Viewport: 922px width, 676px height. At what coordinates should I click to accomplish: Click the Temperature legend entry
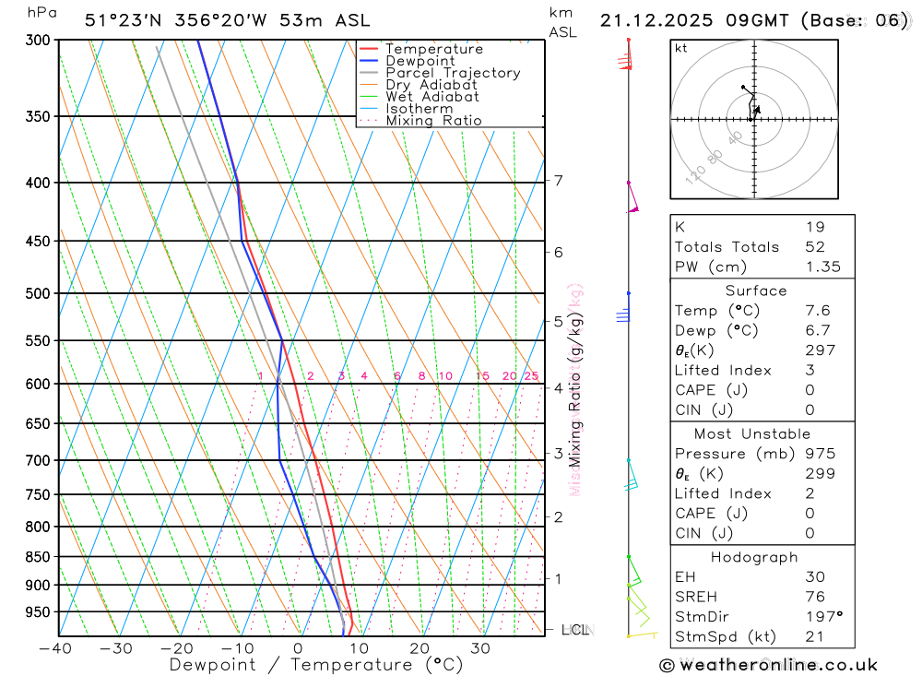[x=433, y=49]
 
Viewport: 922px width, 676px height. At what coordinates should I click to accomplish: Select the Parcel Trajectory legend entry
[x=453, y=73]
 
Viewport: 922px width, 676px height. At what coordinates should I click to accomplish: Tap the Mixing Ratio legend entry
[x=433, y=121]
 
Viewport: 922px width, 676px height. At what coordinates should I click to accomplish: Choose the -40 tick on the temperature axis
[x=56, y=648]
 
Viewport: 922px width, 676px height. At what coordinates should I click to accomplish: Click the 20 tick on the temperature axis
[x=420, y=648]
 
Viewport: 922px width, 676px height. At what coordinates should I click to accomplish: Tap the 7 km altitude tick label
[x=559, y=180]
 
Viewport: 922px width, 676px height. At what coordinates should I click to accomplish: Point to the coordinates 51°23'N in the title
[x=122, y=20]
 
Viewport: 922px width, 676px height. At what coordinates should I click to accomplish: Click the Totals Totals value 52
[x=815, y=247]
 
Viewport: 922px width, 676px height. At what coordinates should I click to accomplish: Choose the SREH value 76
[x=815, y=597]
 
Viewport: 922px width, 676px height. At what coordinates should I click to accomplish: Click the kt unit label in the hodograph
[x=681, y=48]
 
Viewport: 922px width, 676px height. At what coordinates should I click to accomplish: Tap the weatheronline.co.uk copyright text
[x=768, y=665]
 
